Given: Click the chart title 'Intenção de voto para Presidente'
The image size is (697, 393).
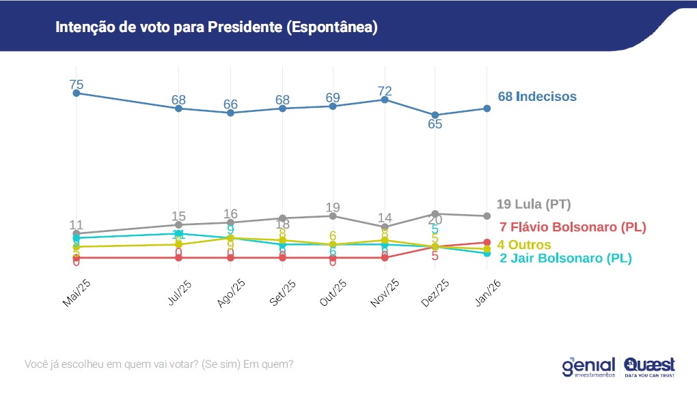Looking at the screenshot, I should pos(216,28).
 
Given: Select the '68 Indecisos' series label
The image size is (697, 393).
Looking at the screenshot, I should pos(537,96).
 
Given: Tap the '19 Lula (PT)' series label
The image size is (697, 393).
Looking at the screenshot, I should pos(533,204).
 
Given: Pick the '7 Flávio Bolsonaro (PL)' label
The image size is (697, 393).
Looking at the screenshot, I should pos(573,227).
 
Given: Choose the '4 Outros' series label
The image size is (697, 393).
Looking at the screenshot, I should pos(523,244).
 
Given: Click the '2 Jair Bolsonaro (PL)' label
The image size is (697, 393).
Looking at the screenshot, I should pos(566,258).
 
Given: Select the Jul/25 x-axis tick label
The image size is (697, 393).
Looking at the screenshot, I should pos(177,292).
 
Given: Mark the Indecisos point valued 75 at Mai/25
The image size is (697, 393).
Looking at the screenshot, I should pos(76,93).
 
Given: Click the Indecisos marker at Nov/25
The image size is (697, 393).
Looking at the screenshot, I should pos(385,100).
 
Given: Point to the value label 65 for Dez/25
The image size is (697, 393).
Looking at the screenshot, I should pos(435,124).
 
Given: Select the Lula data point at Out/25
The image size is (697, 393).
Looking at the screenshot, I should pos(333,216).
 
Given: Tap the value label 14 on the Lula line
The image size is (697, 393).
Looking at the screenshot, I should pos(385,218).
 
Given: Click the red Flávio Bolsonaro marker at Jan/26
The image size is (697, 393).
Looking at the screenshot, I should pos(487,242).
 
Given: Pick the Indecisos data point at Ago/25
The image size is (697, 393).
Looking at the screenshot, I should pos(230,113).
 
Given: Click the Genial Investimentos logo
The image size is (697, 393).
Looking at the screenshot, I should pos(588,366).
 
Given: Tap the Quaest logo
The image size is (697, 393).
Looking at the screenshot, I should pos(649,366).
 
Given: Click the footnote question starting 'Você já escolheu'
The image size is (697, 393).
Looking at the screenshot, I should pos(159,364).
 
